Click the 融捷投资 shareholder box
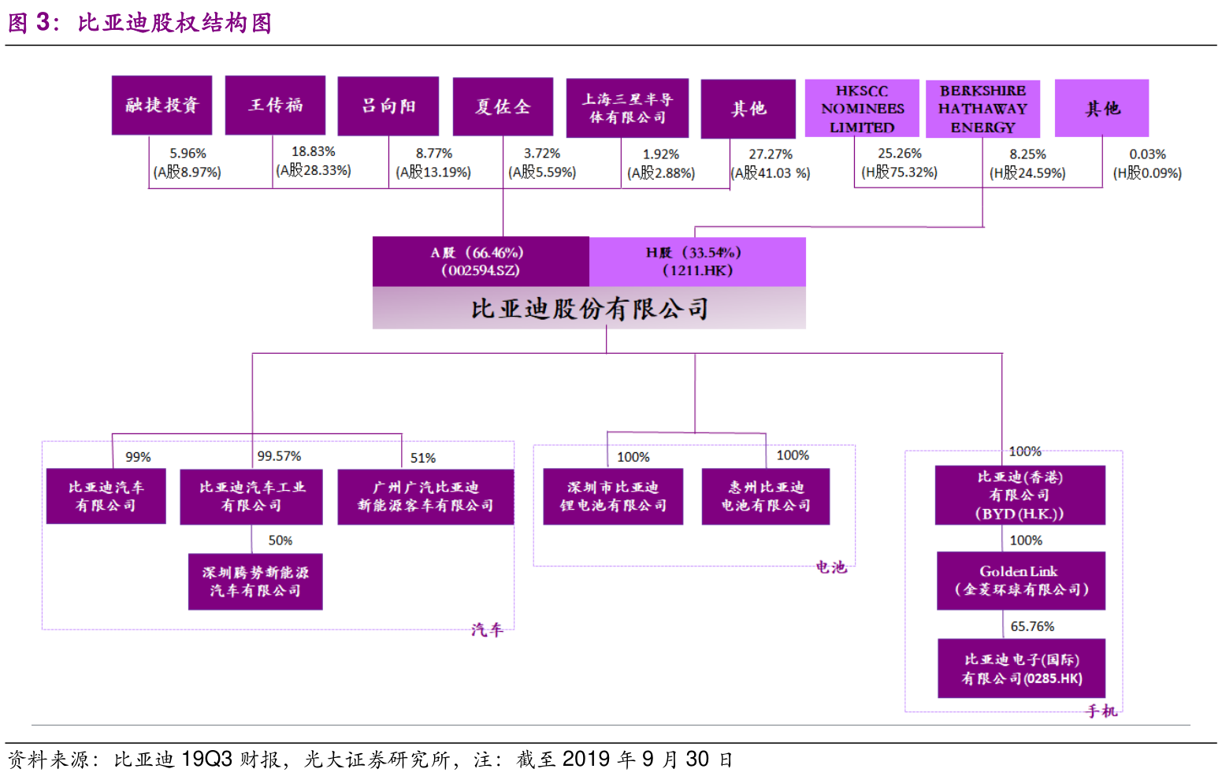click(162, 105)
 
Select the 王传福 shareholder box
click(275, 105)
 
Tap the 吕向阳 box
click(388, 106)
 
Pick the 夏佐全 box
click(503, 106)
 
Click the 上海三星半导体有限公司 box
click(627, 108)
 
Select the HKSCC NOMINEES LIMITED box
click(862, 109)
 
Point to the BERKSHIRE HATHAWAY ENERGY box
click(982, 109)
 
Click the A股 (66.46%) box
click(481, 262)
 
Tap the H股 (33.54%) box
click(697, 262)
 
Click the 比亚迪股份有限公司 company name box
click(589, 308)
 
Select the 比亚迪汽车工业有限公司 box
click(251, 496)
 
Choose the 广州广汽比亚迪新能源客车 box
click(425, 496)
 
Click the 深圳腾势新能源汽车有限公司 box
click(255, 581)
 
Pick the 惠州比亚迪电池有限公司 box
click(766, 496)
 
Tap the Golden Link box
click(1020, 581)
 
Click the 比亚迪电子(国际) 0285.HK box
click(1021, 668)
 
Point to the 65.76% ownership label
click(1032, 626)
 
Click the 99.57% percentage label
click(279, 456)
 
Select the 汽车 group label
click(486, 630)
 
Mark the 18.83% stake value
click(314, 151)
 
